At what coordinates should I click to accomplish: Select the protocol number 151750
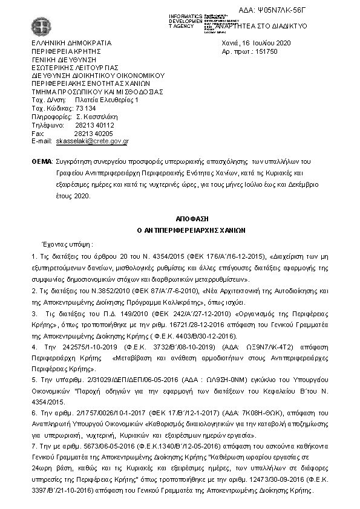(256, 52)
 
